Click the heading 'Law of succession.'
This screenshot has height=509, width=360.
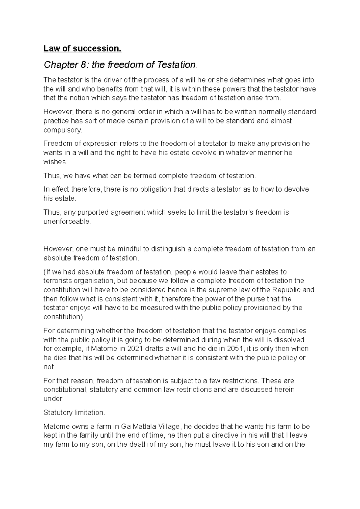point(82,49)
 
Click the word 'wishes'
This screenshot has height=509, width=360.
point(55,162)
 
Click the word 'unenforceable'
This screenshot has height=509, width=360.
point(67,222)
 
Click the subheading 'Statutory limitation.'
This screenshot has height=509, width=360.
point(74,413)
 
